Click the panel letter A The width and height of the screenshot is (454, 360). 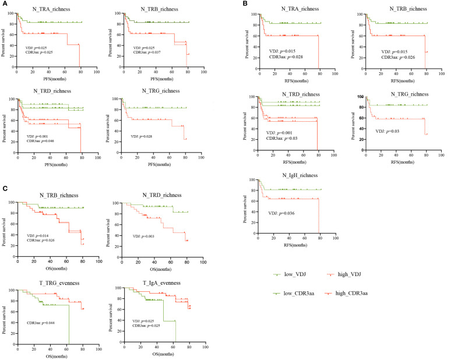pos(3,3)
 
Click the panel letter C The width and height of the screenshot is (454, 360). pos(3,189)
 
